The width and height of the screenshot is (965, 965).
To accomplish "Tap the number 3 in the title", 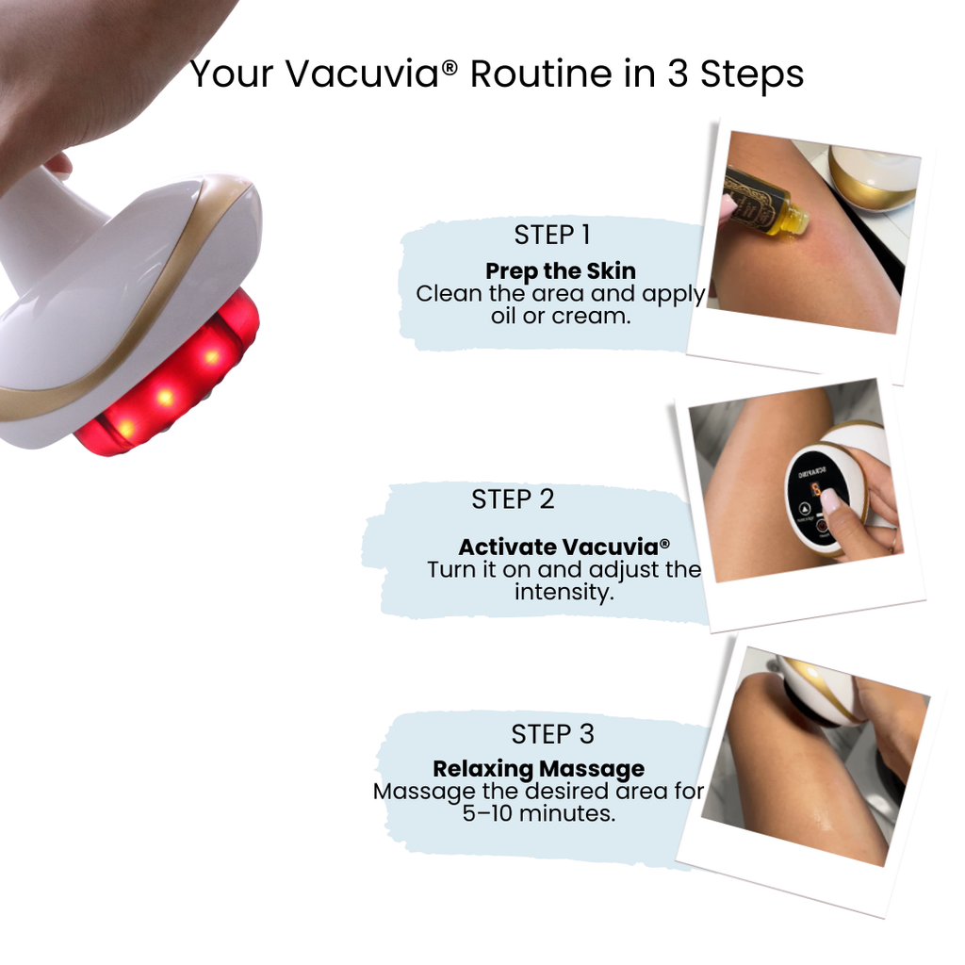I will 678,74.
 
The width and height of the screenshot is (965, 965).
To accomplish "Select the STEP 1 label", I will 551,235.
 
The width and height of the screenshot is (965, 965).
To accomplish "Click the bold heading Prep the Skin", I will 560,271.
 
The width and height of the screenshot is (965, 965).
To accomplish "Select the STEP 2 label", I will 513,499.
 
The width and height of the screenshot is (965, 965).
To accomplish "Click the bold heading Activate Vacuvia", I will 564,547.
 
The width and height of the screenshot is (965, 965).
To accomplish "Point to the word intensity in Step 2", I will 564,593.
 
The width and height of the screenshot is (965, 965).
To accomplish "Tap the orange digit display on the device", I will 815,489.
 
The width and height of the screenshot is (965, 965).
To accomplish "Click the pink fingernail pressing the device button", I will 829,499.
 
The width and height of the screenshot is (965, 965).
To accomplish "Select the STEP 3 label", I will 552,734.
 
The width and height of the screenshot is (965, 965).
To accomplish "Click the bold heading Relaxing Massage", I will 538,768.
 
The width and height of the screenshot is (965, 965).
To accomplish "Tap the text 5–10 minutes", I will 538,812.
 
